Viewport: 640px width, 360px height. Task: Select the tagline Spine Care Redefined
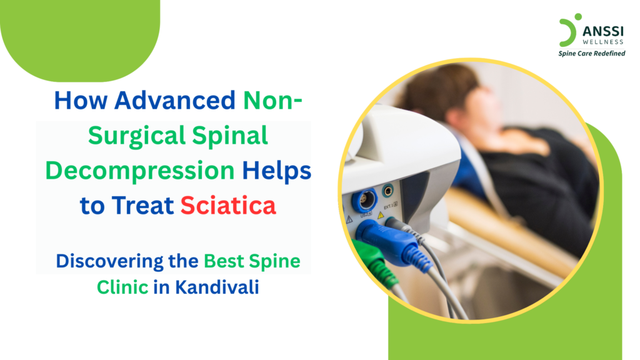tap(591, 53)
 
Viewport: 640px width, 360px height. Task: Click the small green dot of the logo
tap(578, 17)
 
